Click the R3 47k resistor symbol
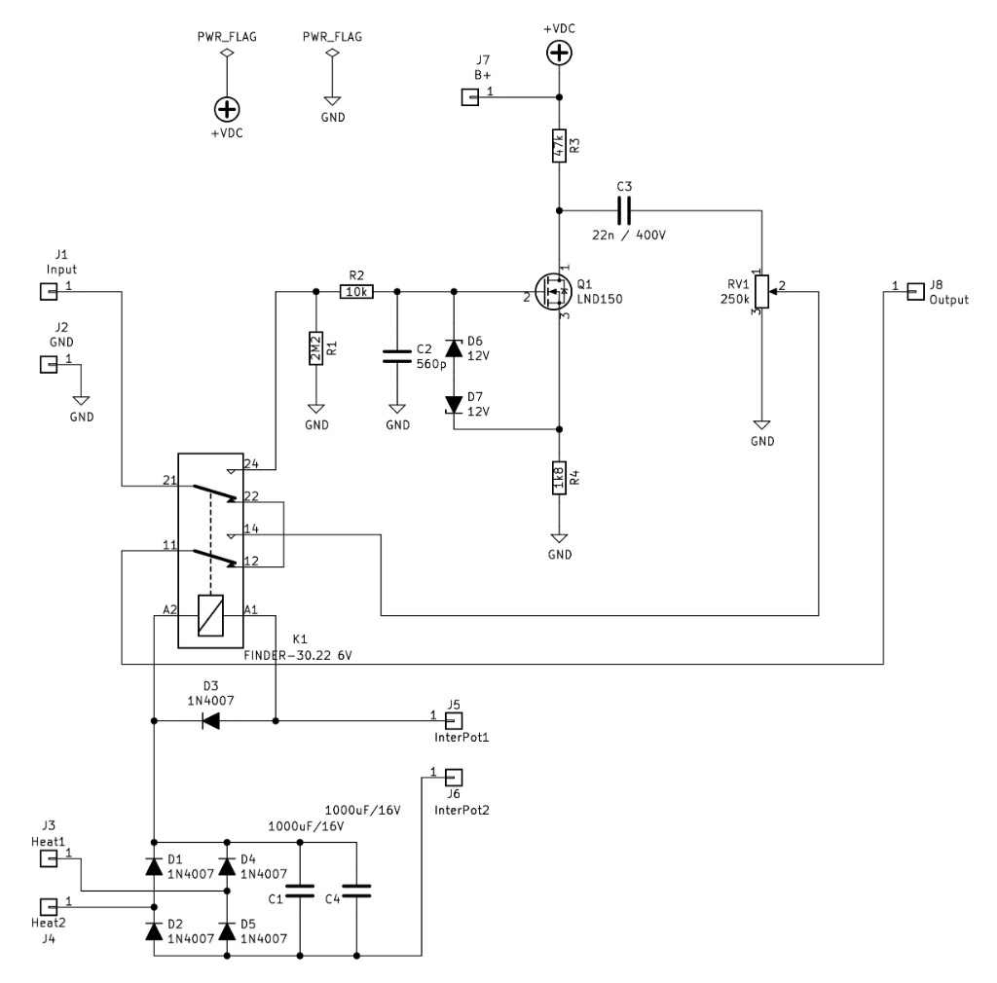click(x=559, y=146)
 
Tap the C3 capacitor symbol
click(x=623, y=209)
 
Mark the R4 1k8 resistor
click(x=559, y=479)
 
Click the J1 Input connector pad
click(x=46, y=290)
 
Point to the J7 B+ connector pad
click(x=469, y=96)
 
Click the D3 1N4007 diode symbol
click(x=209, y=721)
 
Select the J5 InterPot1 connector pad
click(x=453, y=721)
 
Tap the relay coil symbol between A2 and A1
click(x=210, y=615)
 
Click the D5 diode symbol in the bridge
click(x=227, y=931)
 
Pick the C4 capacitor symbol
click(x=357, y=890)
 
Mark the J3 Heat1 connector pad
click(x=46, y=858)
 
